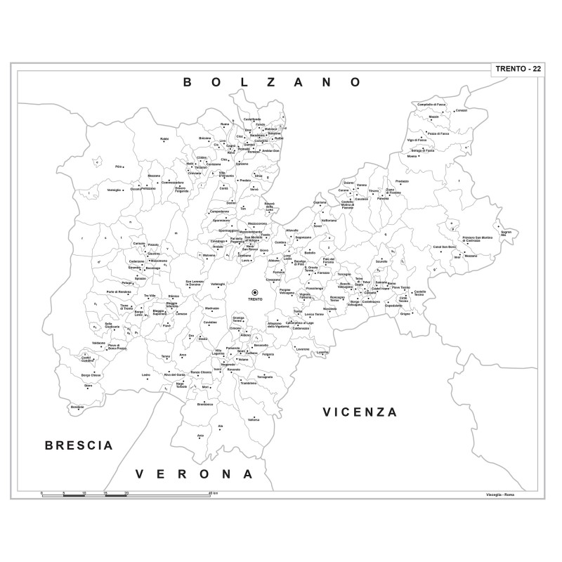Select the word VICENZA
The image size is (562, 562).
(360, 412)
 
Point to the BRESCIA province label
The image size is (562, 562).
(79, 445)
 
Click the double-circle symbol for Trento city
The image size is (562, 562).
(255, 292)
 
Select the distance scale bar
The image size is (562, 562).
(126, 495)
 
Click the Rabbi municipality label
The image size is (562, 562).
(164, 139)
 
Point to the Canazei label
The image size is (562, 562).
(461, 110)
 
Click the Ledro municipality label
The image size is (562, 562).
(146, 375)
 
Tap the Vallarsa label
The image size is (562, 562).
(254, 419)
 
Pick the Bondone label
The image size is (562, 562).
(77, 407)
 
